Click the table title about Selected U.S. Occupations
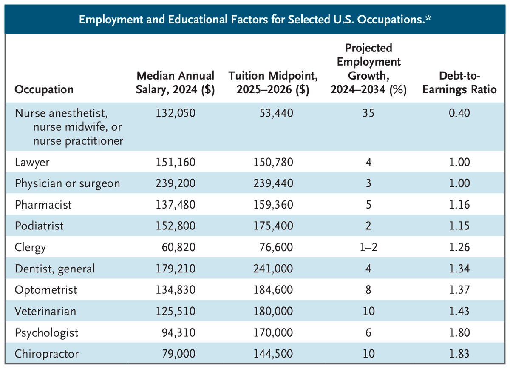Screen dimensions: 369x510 255,20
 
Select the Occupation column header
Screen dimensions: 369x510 44,89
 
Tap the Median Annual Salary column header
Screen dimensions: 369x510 175,83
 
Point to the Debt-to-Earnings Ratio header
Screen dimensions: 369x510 459,83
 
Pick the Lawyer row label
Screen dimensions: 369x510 32,162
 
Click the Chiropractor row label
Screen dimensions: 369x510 47,354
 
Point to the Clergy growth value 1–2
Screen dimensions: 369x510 368,247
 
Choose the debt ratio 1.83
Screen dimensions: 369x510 459,354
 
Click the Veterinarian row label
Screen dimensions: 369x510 45,311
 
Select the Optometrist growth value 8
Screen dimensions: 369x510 368,290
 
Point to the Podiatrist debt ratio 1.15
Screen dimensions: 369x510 459,226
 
